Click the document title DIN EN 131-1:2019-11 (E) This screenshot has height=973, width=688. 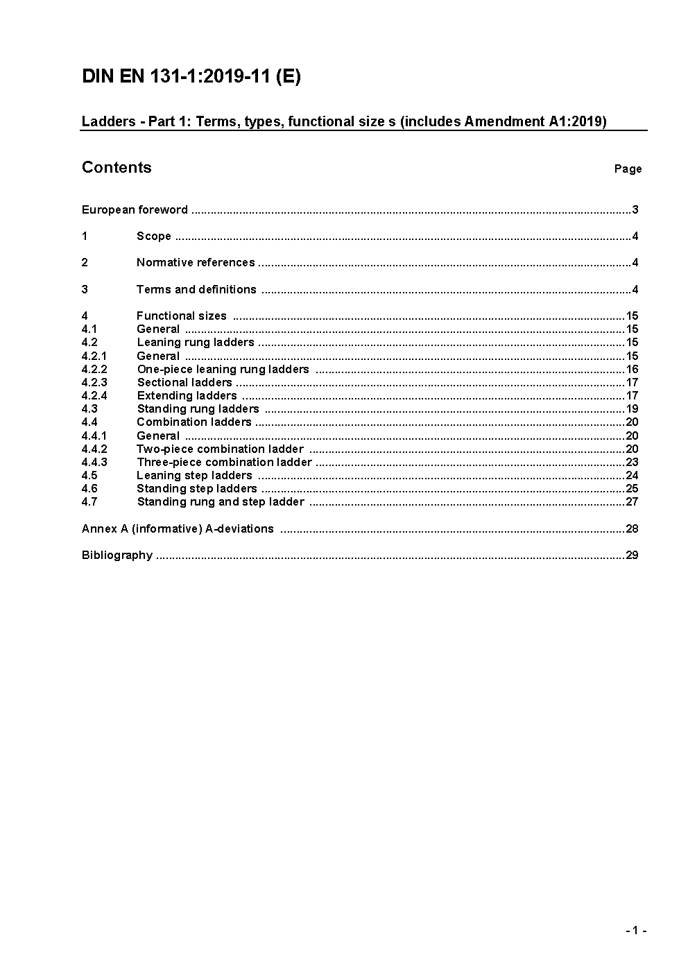pyautogui.click(x=191, y=76)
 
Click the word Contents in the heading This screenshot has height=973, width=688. pyautogui.click(x=117, y=167)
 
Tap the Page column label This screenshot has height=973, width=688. pyautogui.click(x=628, y=169)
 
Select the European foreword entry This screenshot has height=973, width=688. pyautogui.click(x=135, y=209)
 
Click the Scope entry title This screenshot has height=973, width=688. pyautogui.click(x=154, y=236)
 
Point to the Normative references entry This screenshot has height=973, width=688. pyautogui.click(x=196, y=262)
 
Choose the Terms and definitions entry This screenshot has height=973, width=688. pyautogui.click(x=196, y=289)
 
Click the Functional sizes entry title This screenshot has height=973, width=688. pyautogui.click(x=182, y=316)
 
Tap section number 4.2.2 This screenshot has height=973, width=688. pyautogui.click(x=94, y=369)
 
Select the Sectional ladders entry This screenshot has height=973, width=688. pyautogui.click(x=184, y=382)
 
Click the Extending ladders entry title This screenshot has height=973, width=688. pyautogui.click(x=187, y=395)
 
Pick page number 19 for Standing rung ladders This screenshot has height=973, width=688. pyautogui.click(x=631, y=408)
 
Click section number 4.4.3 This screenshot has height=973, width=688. pyautogui.click(x=94, y=462)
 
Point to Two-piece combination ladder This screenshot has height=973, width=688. pyautogui.click(x=220, y=449)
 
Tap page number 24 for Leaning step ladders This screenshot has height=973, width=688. pyautogui.click(x=631, y=475)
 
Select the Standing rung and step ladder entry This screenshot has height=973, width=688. pyautogui.click(x=221, y=501)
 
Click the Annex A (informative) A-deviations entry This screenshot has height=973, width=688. pyautogui.click(x=178, y=528)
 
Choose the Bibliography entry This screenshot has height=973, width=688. pyautogui.click(x=117, y=555)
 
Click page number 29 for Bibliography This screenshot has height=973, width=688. pyautogui.click(x=631, y=555)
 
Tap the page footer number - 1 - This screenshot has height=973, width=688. pyautogui.click(x=636, y=931)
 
